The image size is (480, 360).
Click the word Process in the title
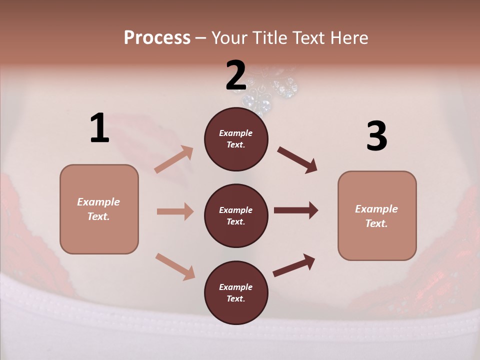coord(157,38)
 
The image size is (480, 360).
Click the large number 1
coord(99,128)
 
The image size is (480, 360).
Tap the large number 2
coord(236,75)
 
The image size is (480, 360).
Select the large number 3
coord(376,136)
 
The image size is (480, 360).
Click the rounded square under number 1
coord(99,209)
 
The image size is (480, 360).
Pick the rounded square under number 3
coord(377,215)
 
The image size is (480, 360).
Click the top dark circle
coord(236,139)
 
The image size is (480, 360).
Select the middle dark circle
coord(236,215)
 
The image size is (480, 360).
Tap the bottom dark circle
coord(236,292)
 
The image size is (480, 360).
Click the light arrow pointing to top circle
coord(174,159)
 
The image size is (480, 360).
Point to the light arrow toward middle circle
coord(175,211)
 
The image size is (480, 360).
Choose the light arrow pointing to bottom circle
coord(175,266)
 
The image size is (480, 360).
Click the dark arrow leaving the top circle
coord(297,159)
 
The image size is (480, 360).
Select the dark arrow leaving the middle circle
coord(295,210)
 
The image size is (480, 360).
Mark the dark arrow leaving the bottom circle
coord(294,265)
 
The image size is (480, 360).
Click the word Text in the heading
coord(309,38)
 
